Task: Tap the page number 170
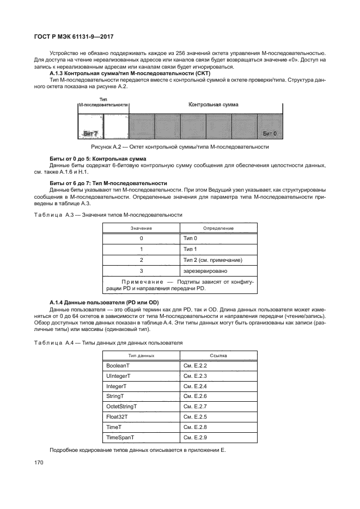pyautogui.click(x=39, y=462)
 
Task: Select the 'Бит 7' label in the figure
pyautogui.click(x=89, y=133)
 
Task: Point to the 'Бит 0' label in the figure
pyautogui.click(x=270, y=133)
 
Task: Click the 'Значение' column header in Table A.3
pyautogui.click(x=141, y=228)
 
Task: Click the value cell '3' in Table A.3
pyautogui.click(x=141, y=271)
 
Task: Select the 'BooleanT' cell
pyautogui.click(x=118, y=365)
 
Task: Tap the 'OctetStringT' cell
pyautogui.click(x=121, y=407)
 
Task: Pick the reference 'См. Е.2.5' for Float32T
pyautogui.click(x=196, y=417)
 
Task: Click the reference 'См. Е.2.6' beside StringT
pyautogui.click(x=196, y=396)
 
